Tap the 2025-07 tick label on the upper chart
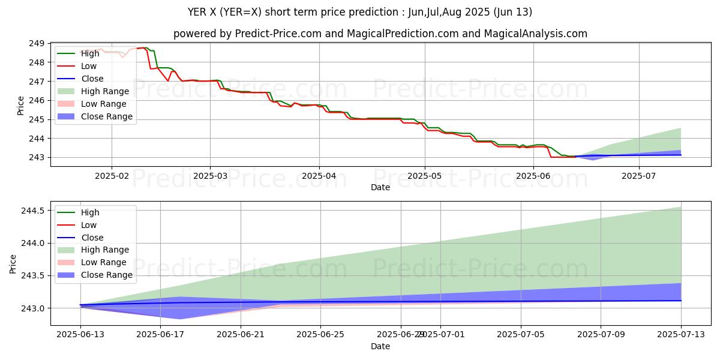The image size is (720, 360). click(639, 175)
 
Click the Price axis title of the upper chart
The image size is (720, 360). click(21, 105)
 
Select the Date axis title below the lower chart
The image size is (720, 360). click(380, 346)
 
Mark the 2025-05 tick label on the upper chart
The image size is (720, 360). click(425, 175)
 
